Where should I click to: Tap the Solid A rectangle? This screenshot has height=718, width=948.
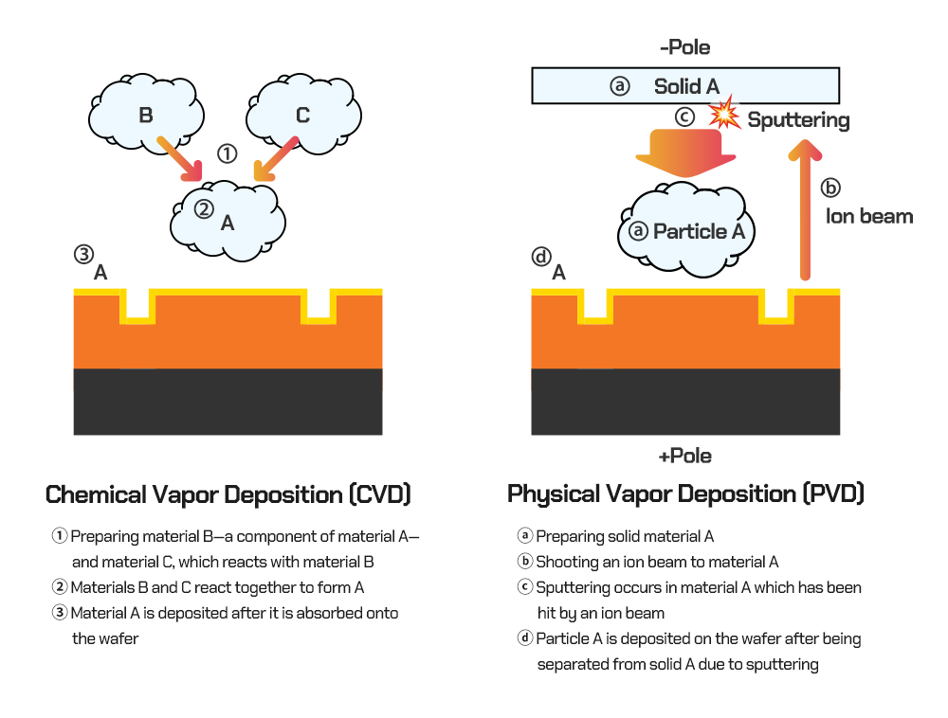(685, 86)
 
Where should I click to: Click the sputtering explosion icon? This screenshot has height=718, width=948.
(725, 115)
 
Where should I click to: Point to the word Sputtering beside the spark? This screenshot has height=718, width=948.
(798, 120)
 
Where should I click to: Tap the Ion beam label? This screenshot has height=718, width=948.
(868, 216)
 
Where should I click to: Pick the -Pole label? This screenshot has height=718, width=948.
(684, 46)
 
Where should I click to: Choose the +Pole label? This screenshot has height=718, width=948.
(684, 456)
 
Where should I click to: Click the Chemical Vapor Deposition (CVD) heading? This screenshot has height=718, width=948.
(228, 494)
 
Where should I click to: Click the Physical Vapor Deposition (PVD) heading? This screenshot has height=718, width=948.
(685, 494)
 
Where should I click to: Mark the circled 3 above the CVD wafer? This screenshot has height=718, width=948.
(83, 255)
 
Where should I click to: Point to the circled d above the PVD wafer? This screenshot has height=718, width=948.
(541, 256)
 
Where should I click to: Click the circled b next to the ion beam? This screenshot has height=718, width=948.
(830, 187)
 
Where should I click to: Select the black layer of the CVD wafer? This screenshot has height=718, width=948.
(228, 402)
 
